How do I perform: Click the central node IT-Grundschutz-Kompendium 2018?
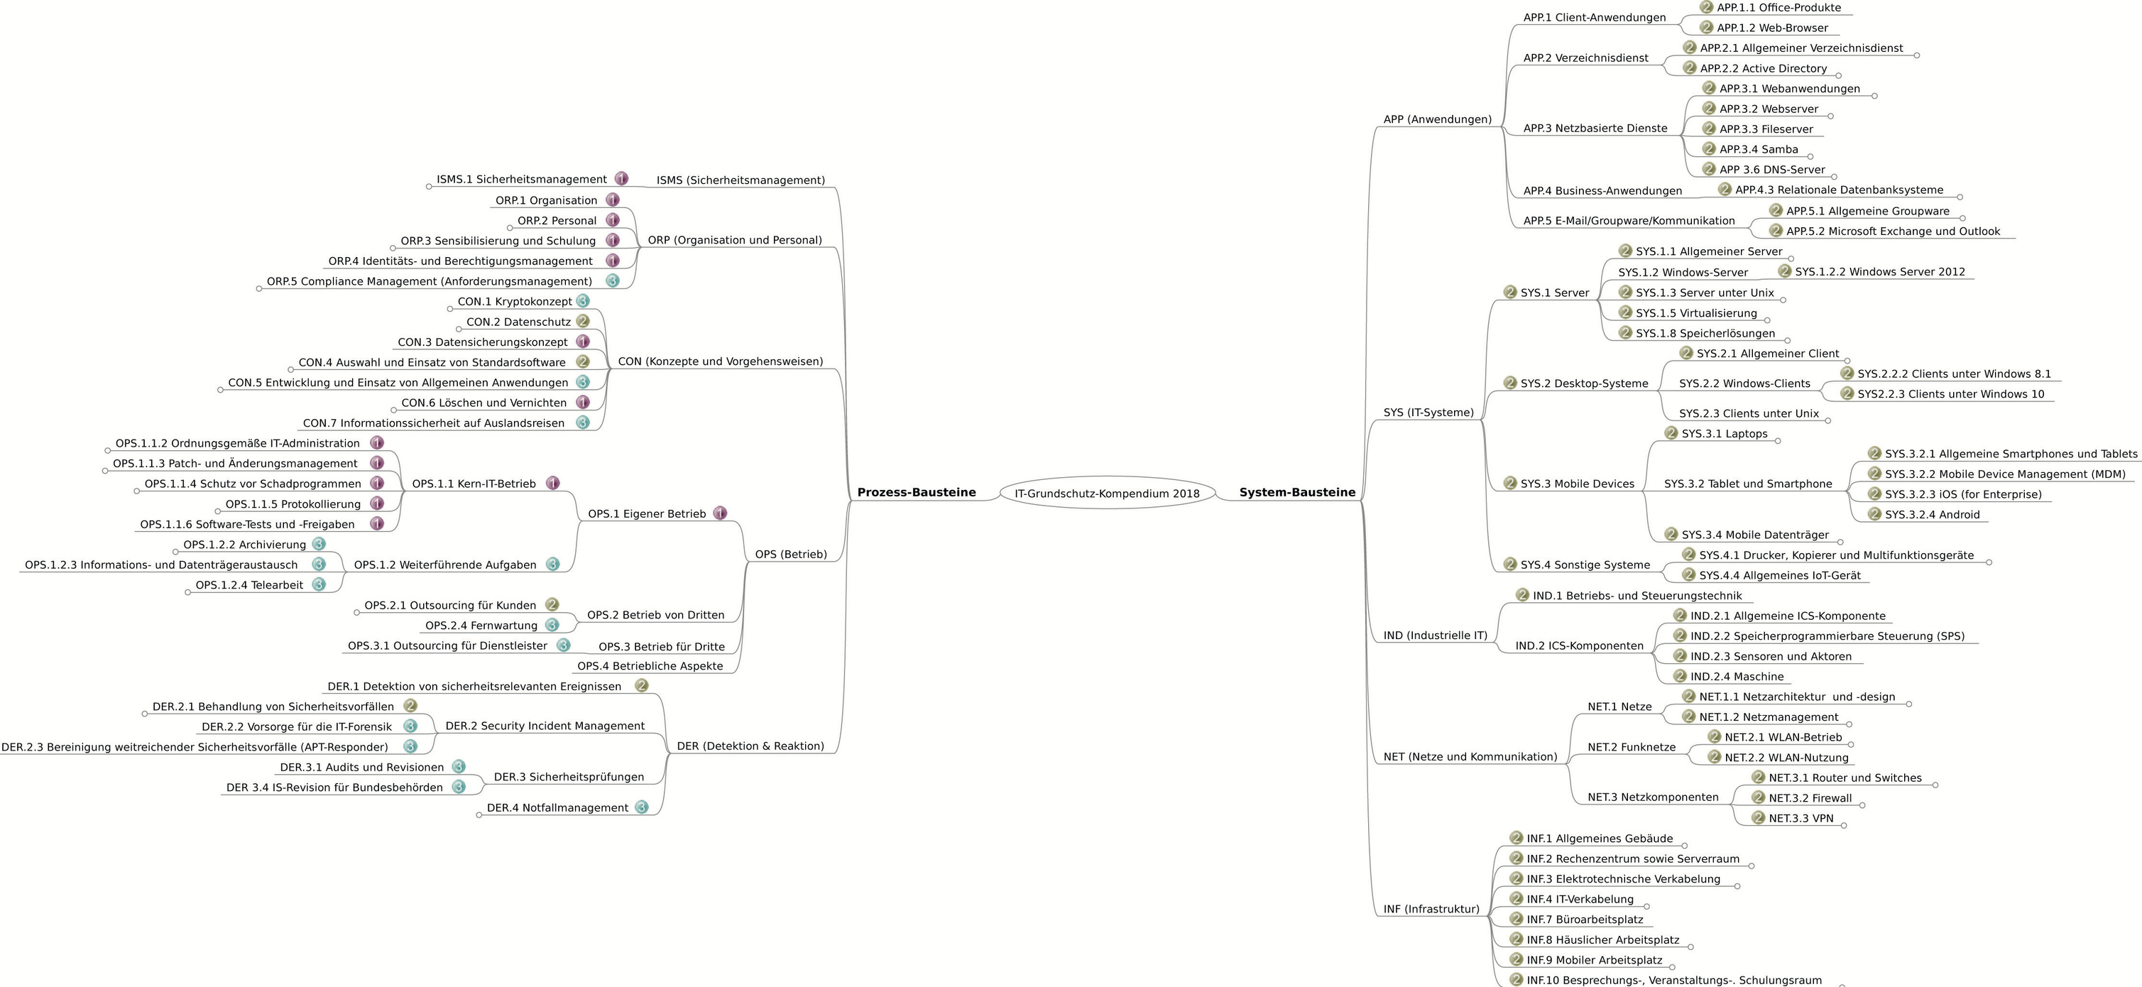pyautogui.click(x=1107, y=493)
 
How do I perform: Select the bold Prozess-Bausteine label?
pyautogui.click(x=917, y=492)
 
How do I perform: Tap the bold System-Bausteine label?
pyautogui.click(x=1297, y=492)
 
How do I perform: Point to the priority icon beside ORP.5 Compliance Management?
pyautogui.click(x=613, y=281)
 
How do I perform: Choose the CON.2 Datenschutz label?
pyautogui.click(x=518, y=322)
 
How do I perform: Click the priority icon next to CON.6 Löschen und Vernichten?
pyautogui.click(x=583, y=403)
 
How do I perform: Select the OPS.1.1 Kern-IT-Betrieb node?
pyautogui.click(x=474, y=484)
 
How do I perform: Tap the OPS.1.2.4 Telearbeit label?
pyautogui.click(x=248, y=585)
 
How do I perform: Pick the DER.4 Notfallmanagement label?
pyautogui.click(x=557, y=808)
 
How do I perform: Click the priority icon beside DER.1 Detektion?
pyautogui.click(x=641, y=686)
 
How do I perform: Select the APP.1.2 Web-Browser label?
pyautogui.click(x=1772, y=28)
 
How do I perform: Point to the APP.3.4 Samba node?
pyautogui.click(x=1759, y=150)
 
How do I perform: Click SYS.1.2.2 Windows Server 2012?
pyautogui.click(x=1880, y=272)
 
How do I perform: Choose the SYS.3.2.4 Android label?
pyautogui.click(x=1933, y=515)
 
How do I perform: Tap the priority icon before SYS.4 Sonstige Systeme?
pyautogui.click(x=1510, y=565)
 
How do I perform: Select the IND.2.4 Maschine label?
pyautogui.click(x=1737, y=677)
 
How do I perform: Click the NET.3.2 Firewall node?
pyautogui.click(x=1810, y=798)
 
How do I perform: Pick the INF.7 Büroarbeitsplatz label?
pyautogui.click(x=1585, y=920)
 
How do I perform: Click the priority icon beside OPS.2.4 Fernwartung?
pyautogui.click(x=552, y=626)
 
